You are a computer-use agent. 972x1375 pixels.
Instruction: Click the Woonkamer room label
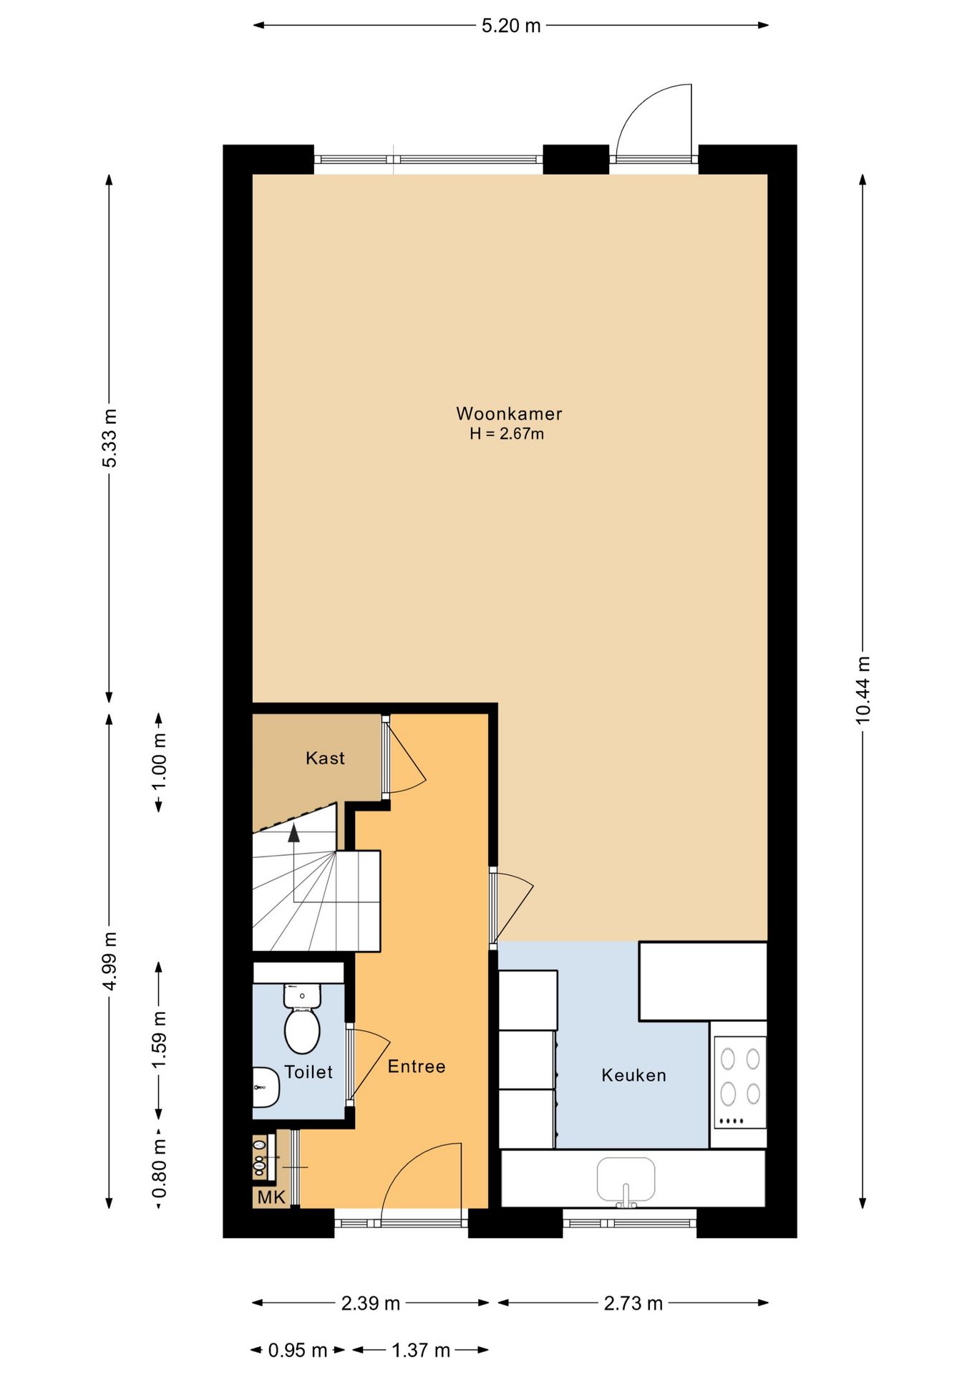509,413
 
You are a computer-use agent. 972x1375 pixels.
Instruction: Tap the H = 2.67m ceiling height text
507,434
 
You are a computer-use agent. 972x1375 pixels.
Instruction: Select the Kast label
325,758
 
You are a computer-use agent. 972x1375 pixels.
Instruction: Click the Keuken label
633,1075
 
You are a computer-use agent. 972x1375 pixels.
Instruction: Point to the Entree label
417,1066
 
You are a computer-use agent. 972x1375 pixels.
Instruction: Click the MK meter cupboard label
271,1197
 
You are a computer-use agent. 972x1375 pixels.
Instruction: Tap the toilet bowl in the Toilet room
302,1019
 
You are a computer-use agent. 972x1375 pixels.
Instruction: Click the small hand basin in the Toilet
265,1087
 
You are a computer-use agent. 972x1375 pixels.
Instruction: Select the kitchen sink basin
626,1179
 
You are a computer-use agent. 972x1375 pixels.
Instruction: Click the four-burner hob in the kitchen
740,1082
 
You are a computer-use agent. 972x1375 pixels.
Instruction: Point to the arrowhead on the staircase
293,833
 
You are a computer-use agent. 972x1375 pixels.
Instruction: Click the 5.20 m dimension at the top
511,26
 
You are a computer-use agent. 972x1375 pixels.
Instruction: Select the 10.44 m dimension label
863,690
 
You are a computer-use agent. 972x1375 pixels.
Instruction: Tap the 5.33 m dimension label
110,438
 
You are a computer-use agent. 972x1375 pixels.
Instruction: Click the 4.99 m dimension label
110,962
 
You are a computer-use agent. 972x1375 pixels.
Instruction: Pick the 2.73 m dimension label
633,1303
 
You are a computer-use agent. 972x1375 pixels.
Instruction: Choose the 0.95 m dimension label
298,1351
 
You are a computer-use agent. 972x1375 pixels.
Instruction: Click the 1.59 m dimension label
159,1040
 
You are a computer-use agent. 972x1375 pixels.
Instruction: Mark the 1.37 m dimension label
421,1351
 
